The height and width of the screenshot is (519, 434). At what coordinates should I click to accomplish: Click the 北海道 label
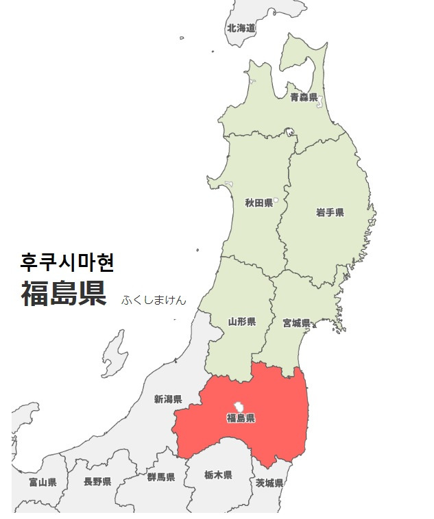(x=241, y=28)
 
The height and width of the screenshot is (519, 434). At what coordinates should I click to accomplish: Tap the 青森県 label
(x=304, y=97)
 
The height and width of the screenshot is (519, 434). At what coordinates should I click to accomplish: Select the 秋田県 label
(x=259, y=203)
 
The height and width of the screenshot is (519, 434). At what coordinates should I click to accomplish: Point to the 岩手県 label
(x=330, y=213)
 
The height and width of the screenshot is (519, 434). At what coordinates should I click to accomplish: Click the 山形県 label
(x=241, y=321)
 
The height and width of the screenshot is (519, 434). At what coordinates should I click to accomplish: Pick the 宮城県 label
(x=296, y=322)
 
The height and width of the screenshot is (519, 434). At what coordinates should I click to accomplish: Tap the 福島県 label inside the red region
(x=241, y=418)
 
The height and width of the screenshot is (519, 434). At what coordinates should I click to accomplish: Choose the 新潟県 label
(x=168, y=399)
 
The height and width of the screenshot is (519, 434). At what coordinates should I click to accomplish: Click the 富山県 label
(x=43, y=482)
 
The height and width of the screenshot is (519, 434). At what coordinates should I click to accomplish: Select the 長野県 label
(x=97, y=482)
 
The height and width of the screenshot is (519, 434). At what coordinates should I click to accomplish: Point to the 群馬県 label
(x=160, y=477)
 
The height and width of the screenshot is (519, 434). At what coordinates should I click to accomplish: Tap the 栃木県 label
(x=218, y=475)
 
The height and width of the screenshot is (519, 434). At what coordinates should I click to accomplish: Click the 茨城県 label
(x=269, y=483)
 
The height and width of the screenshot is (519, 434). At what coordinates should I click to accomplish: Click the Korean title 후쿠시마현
(x=67, y=262)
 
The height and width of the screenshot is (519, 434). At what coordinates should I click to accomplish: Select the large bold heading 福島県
(x=63, y=294)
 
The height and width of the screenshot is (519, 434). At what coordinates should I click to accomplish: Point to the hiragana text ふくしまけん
(x=154, y=300)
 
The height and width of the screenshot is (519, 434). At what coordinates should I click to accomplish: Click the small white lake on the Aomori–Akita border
(x=290, y=131)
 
